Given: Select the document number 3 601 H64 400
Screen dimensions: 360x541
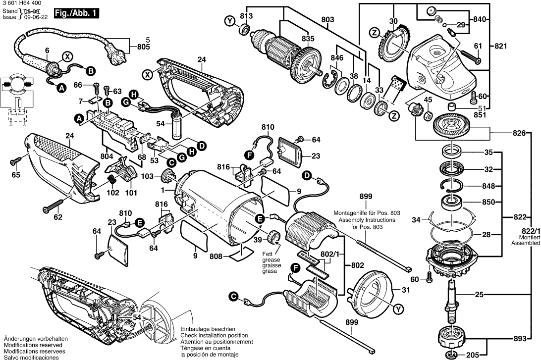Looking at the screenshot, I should coord(22,3).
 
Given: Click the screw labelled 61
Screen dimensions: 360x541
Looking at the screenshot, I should coord(472,56).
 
